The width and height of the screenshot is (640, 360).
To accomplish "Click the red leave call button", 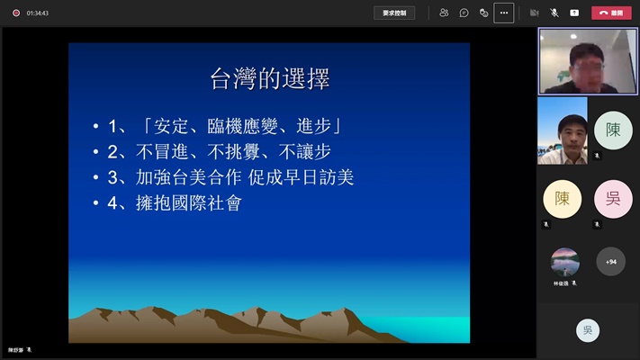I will [x=612, y=13].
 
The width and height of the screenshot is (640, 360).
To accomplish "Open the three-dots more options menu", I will [x=503, y=13].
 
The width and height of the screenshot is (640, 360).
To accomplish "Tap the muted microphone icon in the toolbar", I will [x=554, y=13].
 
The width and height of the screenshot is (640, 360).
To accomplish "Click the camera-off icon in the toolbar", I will [x=534, y=13].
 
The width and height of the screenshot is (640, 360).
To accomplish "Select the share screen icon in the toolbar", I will [x=574, y=13].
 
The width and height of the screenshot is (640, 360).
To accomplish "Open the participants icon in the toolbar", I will [x=444, y=13].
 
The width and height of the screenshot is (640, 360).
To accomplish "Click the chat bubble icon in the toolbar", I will [x=464, y=13].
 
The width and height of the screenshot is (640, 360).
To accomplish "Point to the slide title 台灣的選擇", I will [x=270, y=79].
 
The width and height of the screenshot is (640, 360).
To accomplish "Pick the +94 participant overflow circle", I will [x=611, y=262].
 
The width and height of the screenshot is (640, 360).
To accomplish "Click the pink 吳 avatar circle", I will [x=613, y=199].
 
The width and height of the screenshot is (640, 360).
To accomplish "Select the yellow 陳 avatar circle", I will [x=562, y=199].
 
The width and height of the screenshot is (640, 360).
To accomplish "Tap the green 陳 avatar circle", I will [x=613, y=130].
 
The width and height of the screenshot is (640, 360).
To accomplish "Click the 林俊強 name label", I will [x=562, y=283].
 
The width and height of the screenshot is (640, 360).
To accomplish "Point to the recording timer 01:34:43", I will [x=38, y=13].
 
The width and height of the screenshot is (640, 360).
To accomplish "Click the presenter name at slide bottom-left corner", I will [x=16, y=349].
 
